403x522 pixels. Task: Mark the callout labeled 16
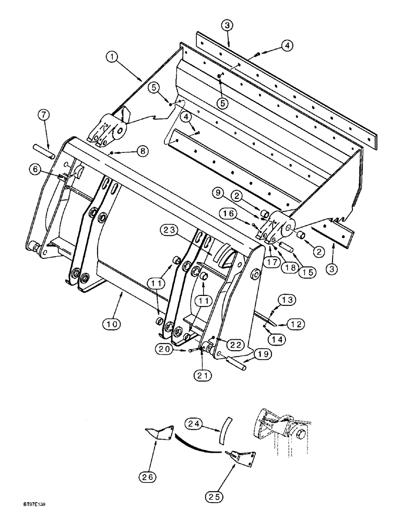click(252, 213)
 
